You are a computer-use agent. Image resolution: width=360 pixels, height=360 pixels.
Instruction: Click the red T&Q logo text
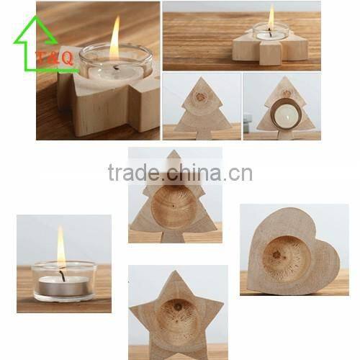click(x=55, y=58)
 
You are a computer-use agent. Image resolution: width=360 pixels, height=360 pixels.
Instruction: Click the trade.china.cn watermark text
click(x=180, y=172)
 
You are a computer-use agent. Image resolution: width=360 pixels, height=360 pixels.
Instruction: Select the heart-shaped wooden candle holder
click(x=294, y=251)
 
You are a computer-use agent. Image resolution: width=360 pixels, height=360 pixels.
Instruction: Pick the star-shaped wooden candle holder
click(x=176, y=315)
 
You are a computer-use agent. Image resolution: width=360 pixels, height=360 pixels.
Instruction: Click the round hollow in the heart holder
click(x=287, y=257)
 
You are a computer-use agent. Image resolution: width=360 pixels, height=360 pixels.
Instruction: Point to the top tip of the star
click(x=176, y=271)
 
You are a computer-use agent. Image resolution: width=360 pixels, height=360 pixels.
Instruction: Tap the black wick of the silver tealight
click(x=63, y=274)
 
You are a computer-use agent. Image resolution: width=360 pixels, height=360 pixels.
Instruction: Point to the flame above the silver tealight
click(x=61, y=246)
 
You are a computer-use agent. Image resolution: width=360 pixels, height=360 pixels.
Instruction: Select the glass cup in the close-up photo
click(x=116, y=63)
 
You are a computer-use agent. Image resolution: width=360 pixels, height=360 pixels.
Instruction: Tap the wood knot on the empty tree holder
click(x=200, y=97)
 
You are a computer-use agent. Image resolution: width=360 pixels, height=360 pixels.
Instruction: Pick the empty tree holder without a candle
click(x=202, y=109)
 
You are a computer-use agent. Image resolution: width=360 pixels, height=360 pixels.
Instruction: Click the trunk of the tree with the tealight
click(x=286, y=135)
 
